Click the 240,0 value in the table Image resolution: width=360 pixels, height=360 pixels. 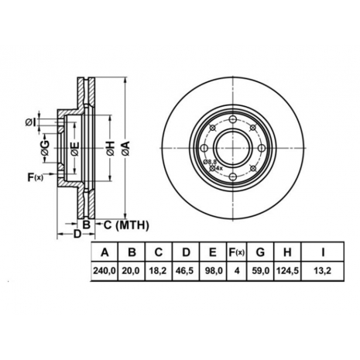(105, 271)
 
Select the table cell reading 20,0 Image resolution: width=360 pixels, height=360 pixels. (132, 271)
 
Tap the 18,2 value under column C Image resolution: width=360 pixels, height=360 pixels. (158, 271)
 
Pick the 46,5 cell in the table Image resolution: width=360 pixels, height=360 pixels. (186, 271)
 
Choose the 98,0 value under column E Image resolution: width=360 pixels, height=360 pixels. (213, 271)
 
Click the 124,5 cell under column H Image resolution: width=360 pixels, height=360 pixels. (287, 271)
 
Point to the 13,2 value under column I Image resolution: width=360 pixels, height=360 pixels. (323, 271)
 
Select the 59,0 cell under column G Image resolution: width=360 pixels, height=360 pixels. (260, 271)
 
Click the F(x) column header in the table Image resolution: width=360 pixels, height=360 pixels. (237, 252)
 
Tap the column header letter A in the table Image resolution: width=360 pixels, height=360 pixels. (105, 252)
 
